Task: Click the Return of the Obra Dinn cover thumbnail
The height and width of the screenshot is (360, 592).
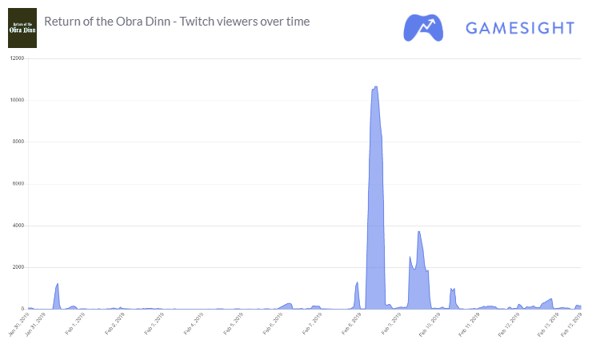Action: pos(22,29)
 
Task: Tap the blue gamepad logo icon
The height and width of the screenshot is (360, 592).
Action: pos(425,28)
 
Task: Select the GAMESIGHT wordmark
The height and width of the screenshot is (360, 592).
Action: pos(520,29)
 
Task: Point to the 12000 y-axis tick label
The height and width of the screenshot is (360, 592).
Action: pos(16,58)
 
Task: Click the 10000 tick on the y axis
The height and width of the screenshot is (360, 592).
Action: pos(16,100)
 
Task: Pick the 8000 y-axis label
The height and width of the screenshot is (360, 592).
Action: pos(18,142)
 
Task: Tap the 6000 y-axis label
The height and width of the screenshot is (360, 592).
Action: pos(18,183)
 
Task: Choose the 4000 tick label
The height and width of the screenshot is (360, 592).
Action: pos(18,226)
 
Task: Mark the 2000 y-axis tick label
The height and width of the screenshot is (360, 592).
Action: pos(18,267)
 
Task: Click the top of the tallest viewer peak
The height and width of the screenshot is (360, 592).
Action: pos(376,87)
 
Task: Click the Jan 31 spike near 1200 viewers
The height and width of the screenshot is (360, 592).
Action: pos(58,284)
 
